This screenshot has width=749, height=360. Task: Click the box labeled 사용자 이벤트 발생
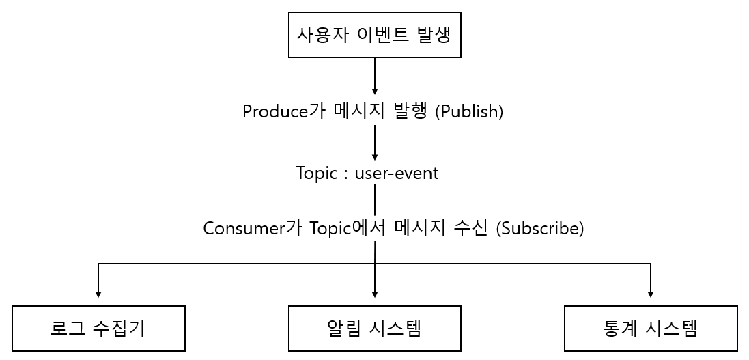click(374, 35)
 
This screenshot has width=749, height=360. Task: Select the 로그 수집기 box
click(99, 329)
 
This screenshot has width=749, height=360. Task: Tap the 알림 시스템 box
click(374, 329)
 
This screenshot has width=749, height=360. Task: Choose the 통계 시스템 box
click(651, 329)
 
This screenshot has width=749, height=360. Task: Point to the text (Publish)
click(469, 111)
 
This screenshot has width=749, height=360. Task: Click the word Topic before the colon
click(317, 174)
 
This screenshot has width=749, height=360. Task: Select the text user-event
click(397, 174)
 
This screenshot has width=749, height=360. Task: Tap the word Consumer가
click(248, 228)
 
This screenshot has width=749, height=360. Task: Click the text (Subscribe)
click(540, 228)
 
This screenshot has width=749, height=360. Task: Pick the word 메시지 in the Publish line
click(360, 111)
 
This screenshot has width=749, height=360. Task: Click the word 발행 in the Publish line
click(411, 111)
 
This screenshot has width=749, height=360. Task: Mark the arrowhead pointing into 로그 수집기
click(99, 294)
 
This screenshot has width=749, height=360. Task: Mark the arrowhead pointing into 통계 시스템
click(651, 294)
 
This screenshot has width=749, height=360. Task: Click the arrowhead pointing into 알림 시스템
click(375, 294)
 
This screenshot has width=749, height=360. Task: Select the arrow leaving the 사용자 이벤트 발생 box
click(375, 75)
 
